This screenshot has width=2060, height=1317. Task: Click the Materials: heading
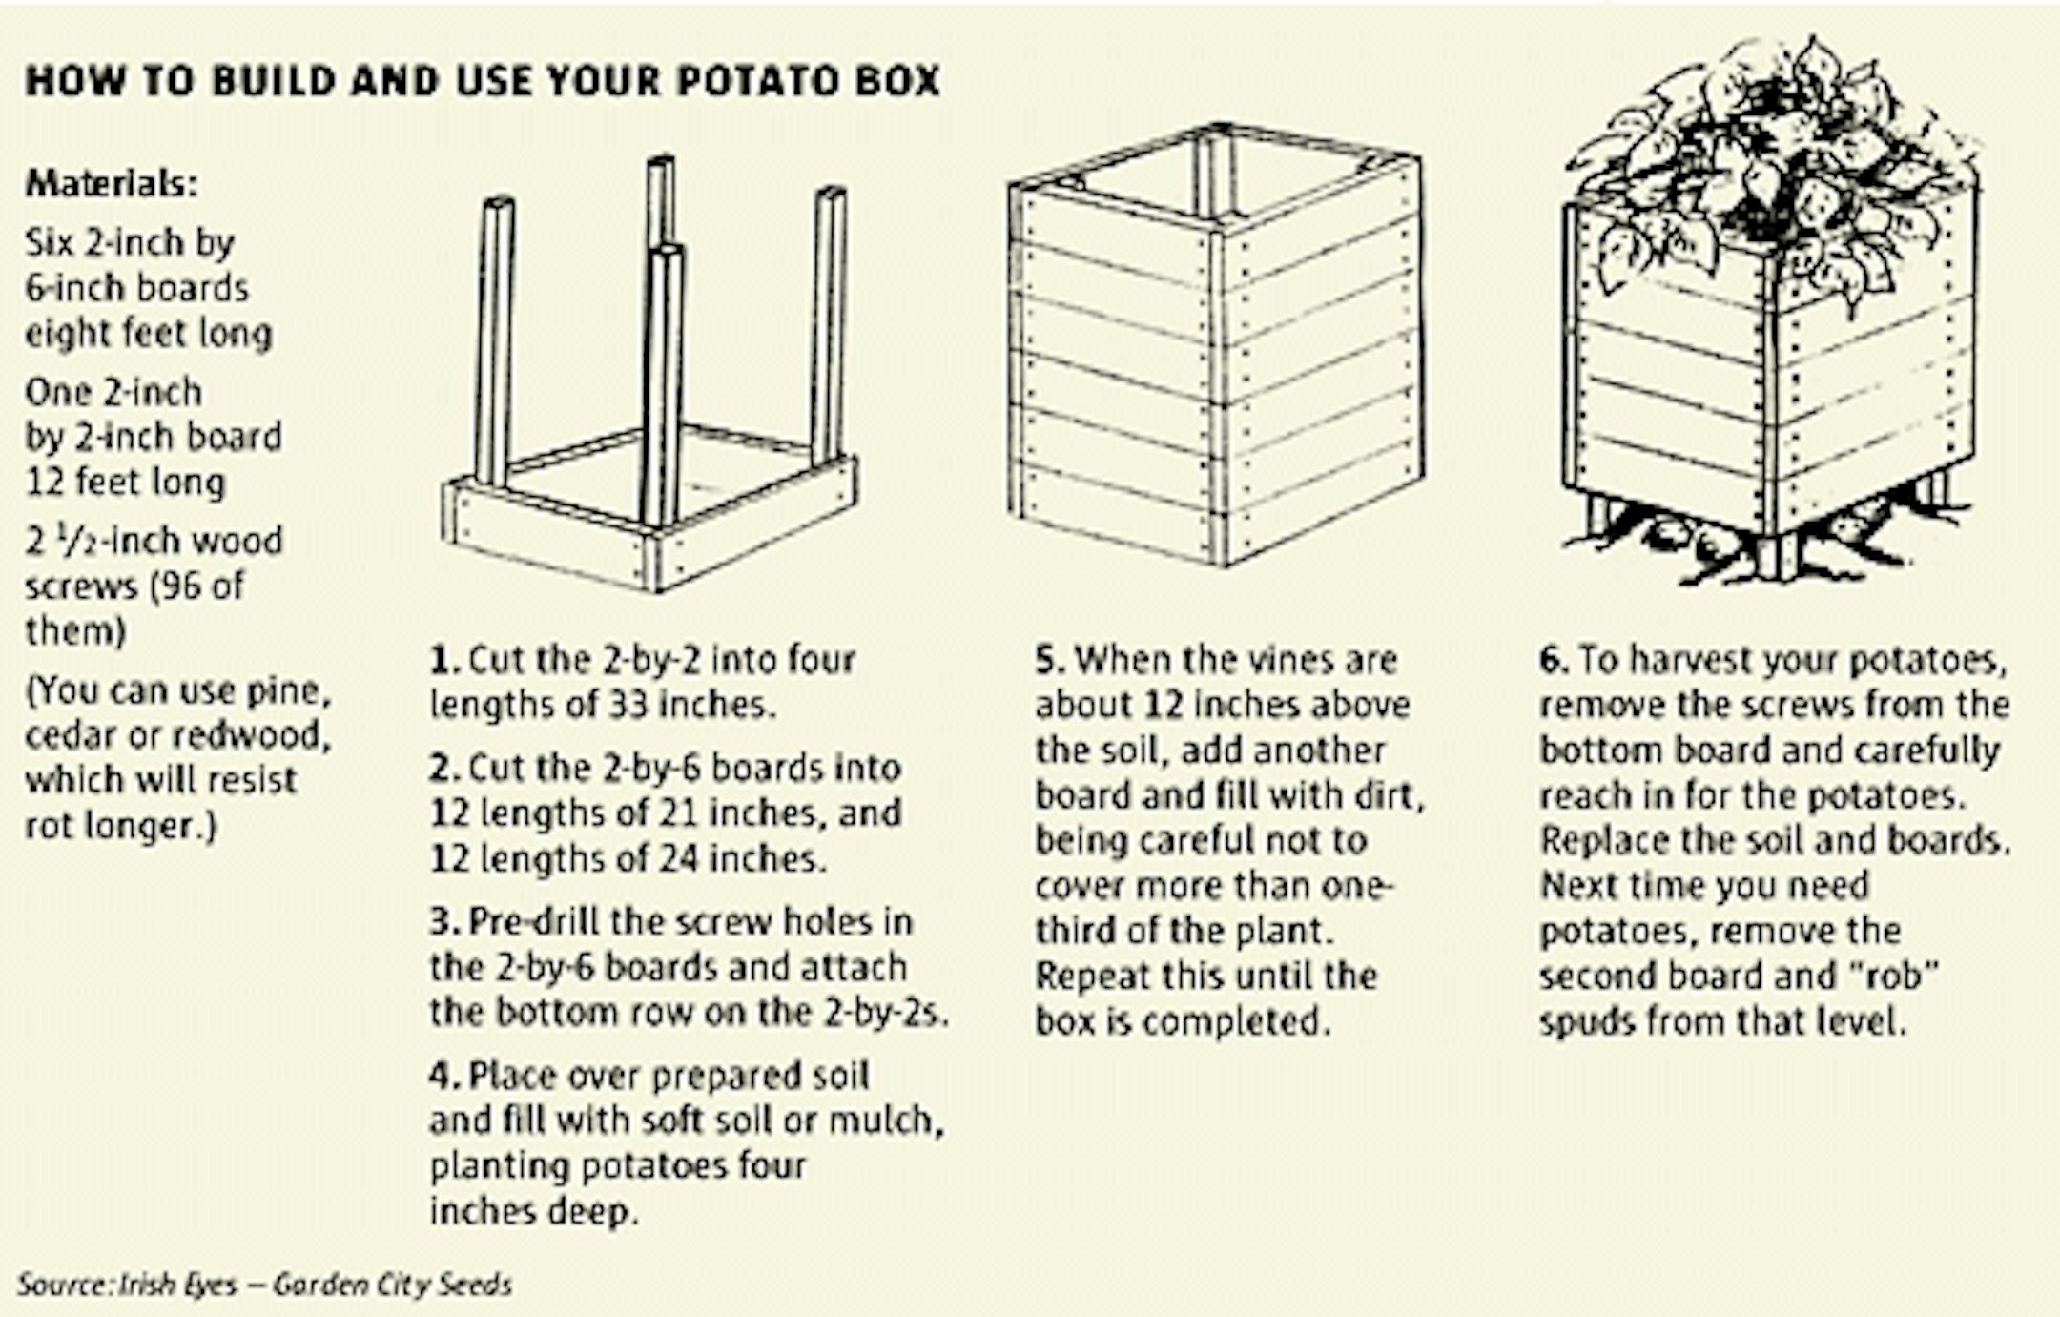pyautogui.click(x=113, y=183)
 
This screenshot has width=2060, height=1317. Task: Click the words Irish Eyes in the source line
pyautogui.click(x=176, y=1285)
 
